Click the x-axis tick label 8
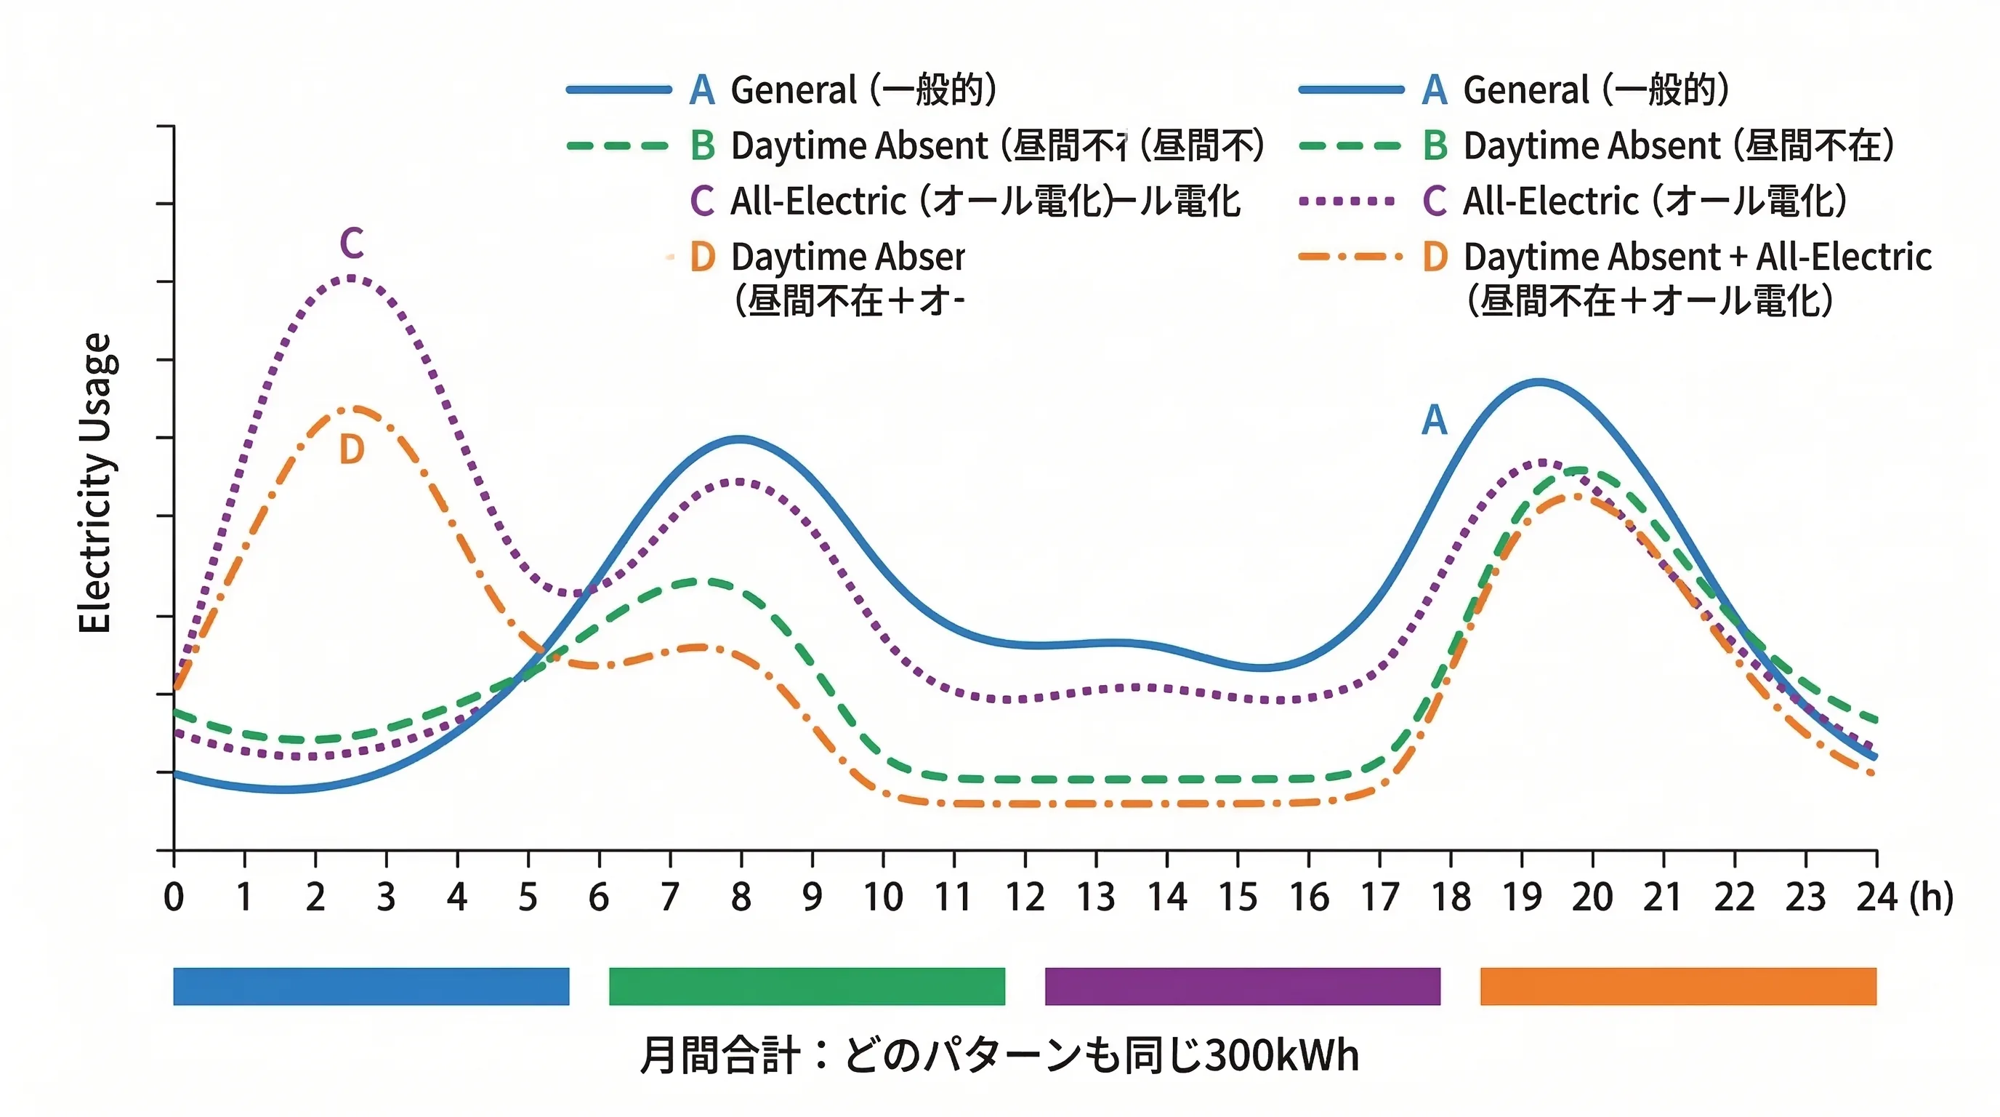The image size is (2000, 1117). (x=741, y=897)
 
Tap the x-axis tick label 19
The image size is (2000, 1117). (x=1522, y=897)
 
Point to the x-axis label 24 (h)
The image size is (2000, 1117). (x=1904, y=897)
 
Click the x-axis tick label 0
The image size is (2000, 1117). (x=174, y=897)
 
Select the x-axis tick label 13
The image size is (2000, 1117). (x=1095, y=897)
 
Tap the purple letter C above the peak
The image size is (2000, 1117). (x=352, y=244)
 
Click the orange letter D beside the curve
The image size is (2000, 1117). (x=352, y=449)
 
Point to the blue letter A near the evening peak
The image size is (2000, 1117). (x=1434, y=420)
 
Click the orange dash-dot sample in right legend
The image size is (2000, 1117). (x=1351, y=256)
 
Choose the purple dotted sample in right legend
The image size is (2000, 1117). (x=1351, y=201)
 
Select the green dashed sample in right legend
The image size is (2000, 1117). (x=1351, y=145)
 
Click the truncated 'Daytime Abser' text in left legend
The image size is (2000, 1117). (x=847, y=256)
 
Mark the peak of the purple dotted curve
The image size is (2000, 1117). (x=352, y=277)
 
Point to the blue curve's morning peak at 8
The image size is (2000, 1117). (x=741, y=439)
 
